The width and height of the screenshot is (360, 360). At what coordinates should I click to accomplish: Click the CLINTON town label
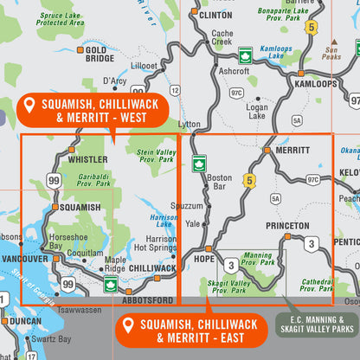point(215,15)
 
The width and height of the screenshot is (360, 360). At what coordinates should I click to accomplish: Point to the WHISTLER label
point(87,159)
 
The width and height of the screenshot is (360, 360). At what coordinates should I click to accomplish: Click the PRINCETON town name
point(286,226)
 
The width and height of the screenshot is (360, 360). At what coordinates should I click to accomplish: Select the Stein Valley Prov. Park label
point(157,155)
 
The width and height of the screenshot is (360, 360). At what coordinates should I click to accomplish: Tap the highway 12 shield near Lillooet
point(176,90)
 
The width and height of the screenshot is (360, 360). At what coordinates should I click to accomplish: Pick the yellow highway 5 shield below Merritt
point(250,181)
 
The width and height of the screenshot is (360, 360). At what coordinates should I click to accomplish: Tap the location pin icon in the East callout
point(128,325)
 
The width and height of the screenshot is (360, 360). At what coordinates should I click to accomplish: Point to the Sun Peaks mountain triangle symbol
point(334,42)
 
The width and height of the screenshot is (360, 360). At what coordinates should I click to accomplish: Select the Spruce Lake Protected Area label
point(61,18)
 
